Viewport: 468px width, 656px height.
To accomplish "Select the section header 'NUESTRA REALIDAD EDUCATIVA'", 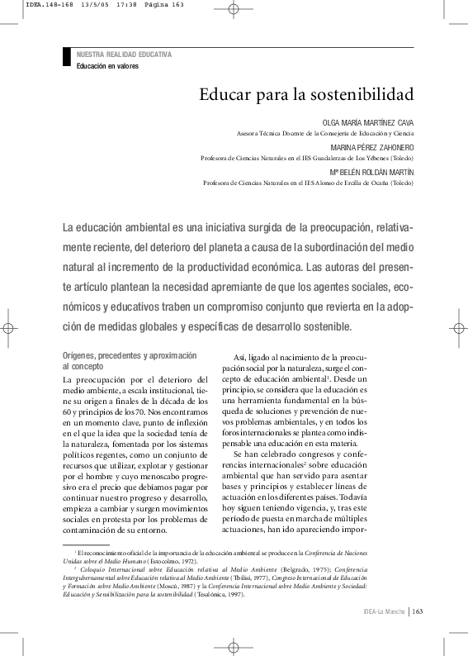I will [124, 55].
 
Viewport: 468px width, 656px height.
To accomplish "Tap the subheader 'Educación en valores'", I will [107, 65].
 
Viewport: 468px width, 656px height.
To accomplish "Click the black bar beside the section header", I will [67, 57].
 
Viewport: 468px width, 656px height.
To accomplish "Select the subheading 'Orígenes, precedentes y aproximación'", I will [130, 354].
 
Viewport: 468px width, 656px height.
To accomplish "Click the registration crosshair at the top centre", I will [234, 11].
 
